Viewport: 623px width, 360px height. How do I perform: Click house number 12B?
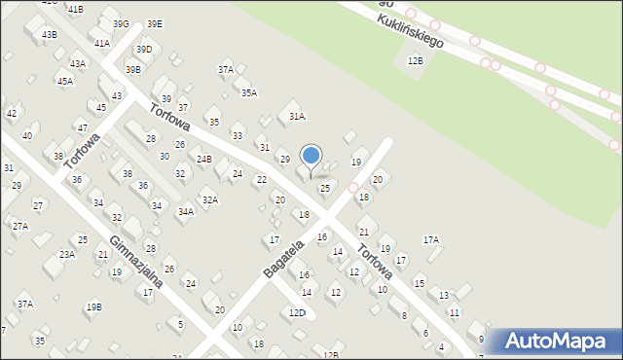click(x=416, y=60)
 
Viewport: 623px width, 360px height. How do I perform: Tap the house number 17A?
click(x=430, y=239)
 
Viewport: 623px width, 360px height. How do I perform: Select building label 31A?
click(x=297, y=116)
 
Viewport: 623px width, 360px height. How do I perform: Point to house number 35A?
click(x=249, y=92)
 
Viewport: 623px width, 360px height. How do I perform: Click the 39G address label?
click(x=121, y=23)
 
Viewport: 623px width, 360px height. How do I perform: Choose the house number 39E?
click(x=155, y=23)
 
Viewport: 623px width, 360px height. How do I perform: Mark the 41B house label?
click(x=76, y=9)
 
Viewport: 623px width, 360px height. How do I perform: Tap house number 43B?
click(x=49, y=34)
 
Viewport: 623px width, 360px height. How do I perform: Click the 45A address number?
click(x=64, y=81)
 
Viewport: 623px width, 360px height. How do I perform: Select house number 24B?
click(x=203, y=159)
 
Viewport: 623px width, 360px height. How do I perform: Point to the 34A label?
click(x=185, y=211)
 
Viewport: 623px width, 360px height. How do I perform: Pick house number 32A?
click(x=209, y=199)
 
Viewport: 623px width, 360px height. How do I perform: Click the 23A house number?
click(x=66, y=254)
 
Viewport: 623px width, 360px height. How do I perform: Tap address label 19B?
click(x=93, y=306)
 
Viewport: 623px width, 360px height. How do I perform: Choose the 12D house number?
click(x=297, y=312)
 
